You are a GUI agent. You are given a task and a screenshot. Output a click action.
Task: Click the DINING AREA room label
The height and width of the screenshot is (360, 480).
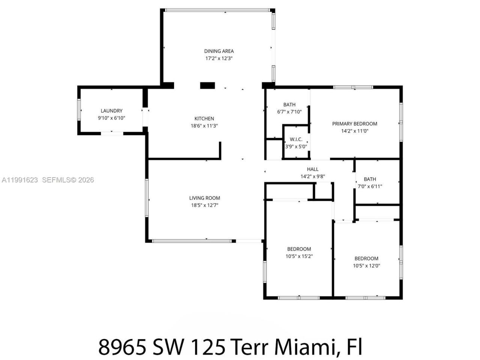click(219, 51)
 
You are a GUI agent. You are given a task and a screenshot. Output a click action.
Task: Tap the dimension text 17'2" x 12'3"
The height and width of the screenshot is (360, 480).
click(219, 58)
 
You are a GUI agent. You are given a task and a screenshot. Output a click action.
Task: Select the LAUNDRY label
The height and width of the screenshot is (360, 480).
click(111, 111)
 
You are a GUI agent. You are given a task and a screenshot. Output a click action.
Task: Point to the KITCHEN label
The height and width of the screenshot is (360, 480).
click(204, 118)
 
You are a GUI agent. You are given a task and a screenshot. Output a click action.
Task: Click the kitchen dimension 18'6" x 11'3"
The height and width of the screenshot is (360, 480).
click(204, 126)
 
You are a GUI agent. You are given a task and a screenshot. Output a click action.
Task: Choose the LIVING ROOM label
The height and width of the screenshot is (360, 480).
click(204, 198)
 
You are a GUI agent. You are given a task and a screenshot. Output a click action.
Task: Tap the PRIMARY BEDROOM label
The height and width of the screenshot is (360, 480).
click(354, 124)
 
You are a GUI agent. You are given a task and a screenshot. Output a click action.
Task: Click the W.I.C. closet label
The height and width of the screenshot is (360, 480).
click(296, 139)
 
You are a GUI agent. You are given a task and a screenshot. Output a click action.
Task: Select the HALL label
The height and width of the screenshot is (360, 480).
click(312, 169)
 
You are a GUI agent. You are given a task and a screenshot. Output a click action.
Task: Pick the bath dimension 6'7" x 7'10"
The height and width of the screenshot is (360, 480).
click(289, 112)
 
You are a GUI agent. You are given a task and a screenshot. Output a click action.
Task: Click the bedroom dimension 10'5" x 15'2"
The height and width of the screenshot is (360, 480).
click(299, 256)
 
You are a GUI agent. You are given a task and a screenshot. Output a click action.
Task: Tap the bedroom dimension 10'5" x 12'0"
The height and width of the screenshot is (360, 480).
click(366, 266)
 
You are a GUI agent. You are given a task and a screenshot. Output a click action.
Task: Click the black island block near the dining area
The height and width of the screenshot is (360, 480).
click(207, 85)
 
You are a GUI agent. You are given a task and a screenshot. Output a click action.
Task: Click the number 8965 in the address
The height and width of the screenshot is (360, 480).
click(122, 346)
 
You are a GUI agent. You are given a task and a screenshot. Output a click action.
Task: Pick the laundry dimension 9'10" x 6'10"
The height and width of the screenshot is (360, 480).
click(111, 118)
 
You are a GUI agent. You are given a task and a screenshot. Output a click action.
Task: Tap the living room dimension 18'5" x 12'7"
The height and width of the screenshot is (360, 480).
click(204, 205)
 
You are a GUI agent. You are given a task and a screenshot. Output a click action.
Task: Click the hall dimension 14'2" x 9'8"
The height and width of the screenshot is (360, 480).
click(312, 177)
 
